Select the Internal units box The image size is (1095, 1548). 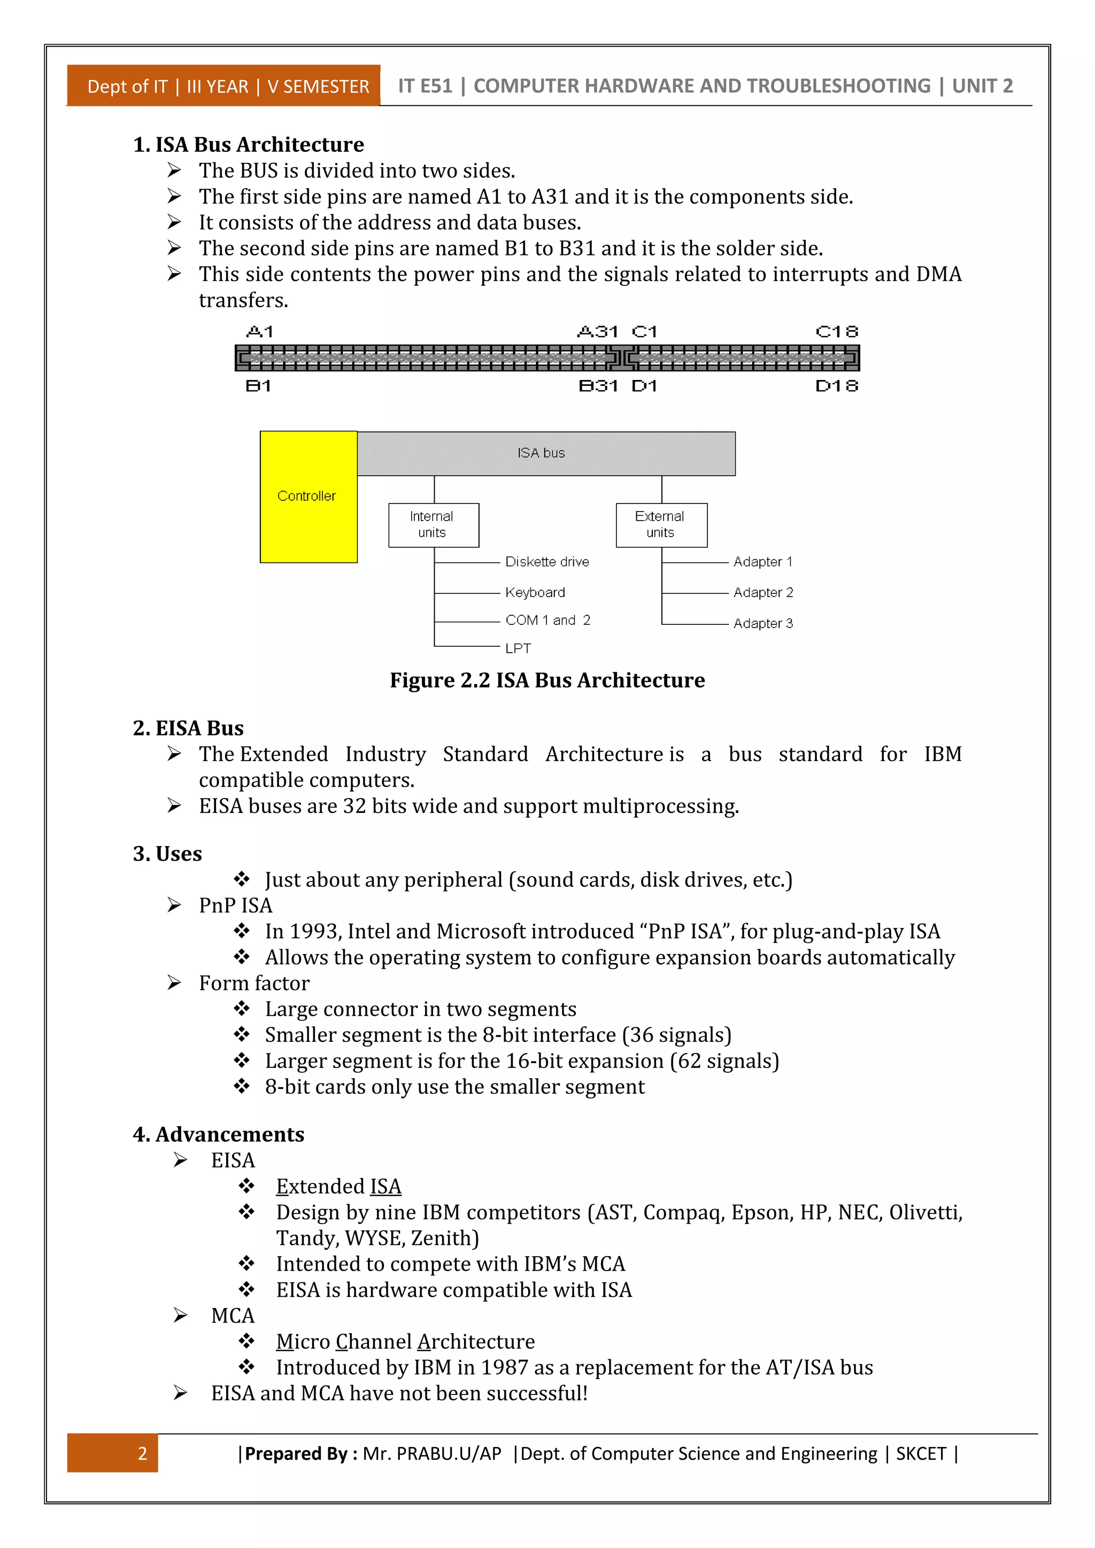click(433, 524)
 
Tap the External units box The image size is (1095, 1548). click(661, 524)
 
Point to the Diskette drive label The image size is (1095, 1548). click(547, 562)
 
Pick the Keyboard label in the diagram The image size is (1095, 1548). click(535, 593)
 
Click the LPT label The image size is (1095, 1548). click(518, 648)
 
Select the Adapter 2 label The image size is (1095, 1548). click(762, 593)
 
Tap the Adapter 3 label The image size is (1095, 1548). click(762, 624)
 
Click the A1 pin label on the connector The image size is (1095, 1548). click(260, 332)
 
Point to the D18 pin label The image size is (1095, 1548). click(836, 386)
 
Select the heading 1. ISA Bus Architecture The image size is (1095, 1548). click(248, 145)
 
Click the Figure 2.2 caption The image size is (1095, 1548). click(547, 680)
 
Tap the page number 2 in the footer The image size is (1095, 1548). click(142, 1453)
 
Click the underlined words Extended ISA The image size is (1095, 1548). click(338, 1187)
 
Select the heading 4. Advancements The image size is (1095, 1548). click(219, 1135)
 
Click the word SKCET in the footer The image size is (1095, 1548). click(920, 1453)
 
